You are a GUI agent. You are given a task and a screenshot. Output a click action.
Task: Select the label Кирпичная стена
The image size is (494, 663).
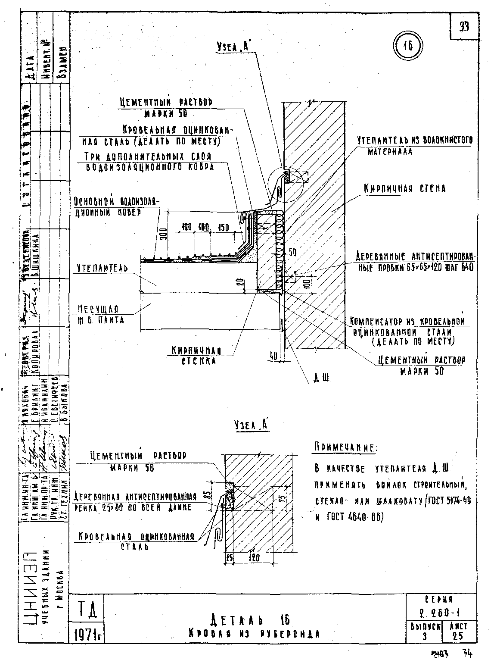pos(404,188)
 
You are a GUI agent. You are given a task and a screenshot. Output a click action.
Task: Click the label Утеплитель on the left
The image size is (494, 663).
pos(103,269)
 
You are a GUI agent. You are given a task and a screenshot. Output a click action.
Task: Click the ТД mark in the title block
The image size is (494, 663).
pos(88,610)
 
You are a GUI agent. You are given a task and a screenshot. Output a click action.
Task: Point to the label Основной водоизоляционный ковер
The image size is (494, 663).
pos(116,207)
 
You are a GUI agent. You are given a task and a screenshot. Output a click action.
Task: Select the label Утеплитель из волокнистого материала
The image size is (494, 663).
pos(414,145)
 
